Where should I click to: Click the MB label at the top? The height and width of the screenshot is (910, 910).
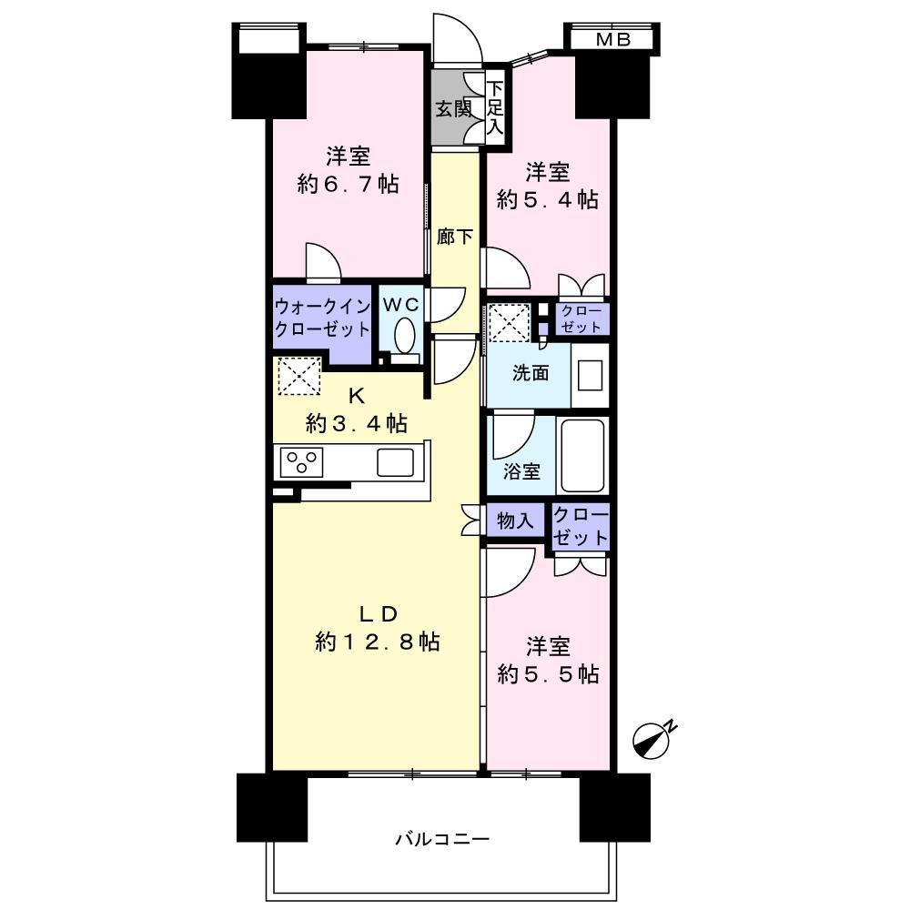(x=612, y=40)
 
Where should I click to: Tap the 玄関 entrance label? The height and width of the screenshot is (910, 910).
(x=454, y=108)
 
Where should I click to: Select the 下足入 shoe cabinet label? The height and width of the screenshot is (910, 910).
(x=495, y=108)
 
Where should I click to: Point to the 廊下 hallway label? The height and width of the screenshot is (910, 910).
(x=454, y=237)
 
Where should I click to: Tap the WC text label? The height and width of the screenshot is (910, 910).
(x=400, y=304)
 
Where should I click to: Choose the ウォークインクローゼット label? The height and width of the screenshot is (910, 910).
(x=322, y=318)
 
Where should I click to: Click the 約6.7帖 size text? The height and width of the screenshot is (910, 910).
(x=349, y=185)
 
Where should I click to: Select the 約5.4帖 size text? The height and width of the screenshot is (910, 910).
(x=548, y=200)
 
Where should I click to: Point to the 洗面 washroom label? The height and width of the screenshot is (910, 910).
(x=531, y=373)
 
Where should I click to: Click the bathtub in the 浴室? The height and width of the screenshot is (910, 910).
(x=582, y=456)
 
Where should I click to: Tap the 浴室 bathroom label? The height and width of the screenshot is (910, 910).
(x=521, y=470)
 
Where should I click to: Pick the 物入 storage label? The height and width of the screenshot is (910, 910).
(x=515, y=521)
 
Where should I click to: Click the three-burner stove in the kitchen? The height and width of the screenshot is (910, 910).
(x=301, y=462)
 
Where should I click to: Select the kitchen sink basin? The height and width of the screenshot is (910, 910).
(x=395, y=462)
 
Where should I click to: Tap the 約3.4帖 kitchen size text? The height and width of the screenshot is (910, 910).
(x=357, y=424)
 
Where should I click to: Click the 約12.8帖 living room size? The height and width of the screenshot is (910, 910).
(x=378, y=642)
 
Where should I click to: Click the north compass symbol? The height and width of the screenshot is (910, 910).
(x=652, y=740)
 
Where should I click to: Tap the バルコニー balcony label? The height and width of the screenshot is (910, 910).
(x=443, y=839)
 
